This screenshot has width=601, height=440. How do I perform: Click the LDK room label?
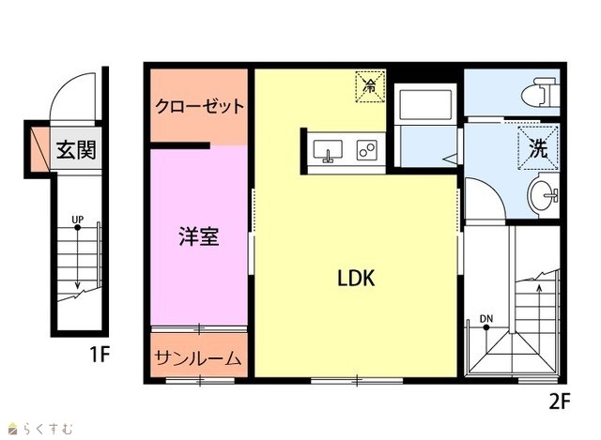point(356,278)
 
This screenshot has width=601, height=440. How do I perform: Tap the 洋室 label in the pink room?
point(199,236)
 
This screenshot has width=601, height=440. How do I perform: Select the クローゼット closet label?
point(199,106)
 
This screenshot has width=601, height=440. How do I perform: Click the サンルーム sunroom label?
point(198,358)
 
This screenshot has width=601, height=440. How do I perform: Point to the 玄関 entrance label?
point(76,149)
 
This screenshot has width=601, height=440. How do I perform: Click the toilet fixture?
point(541,92)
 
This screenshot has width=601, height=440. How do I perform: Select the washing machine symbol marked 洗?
point(538,148)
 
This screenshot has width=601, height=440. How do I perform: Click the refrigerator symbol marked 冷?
point(370,86)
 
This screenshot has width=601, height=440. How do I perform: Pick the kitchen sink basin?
point(328,150)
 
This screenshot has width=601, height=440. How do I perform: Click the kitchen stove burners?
point(367,150)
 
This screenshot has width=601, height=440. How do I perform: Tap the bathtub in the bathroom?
point(425,105)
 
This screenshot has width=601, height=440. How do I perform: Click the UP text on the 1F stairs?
point(77,220)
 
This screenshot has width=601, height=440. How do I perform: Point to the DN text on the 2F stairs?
point(486,319)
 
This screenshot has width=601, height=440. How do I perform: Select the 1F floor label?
point(100,355)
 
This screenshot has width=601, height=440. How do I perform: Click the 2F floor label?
point(560,402)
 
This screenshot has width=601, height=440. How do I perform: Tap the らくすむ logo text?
point(47,429)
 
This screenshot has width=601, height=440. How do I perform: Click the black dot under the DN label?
point(486,327)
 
